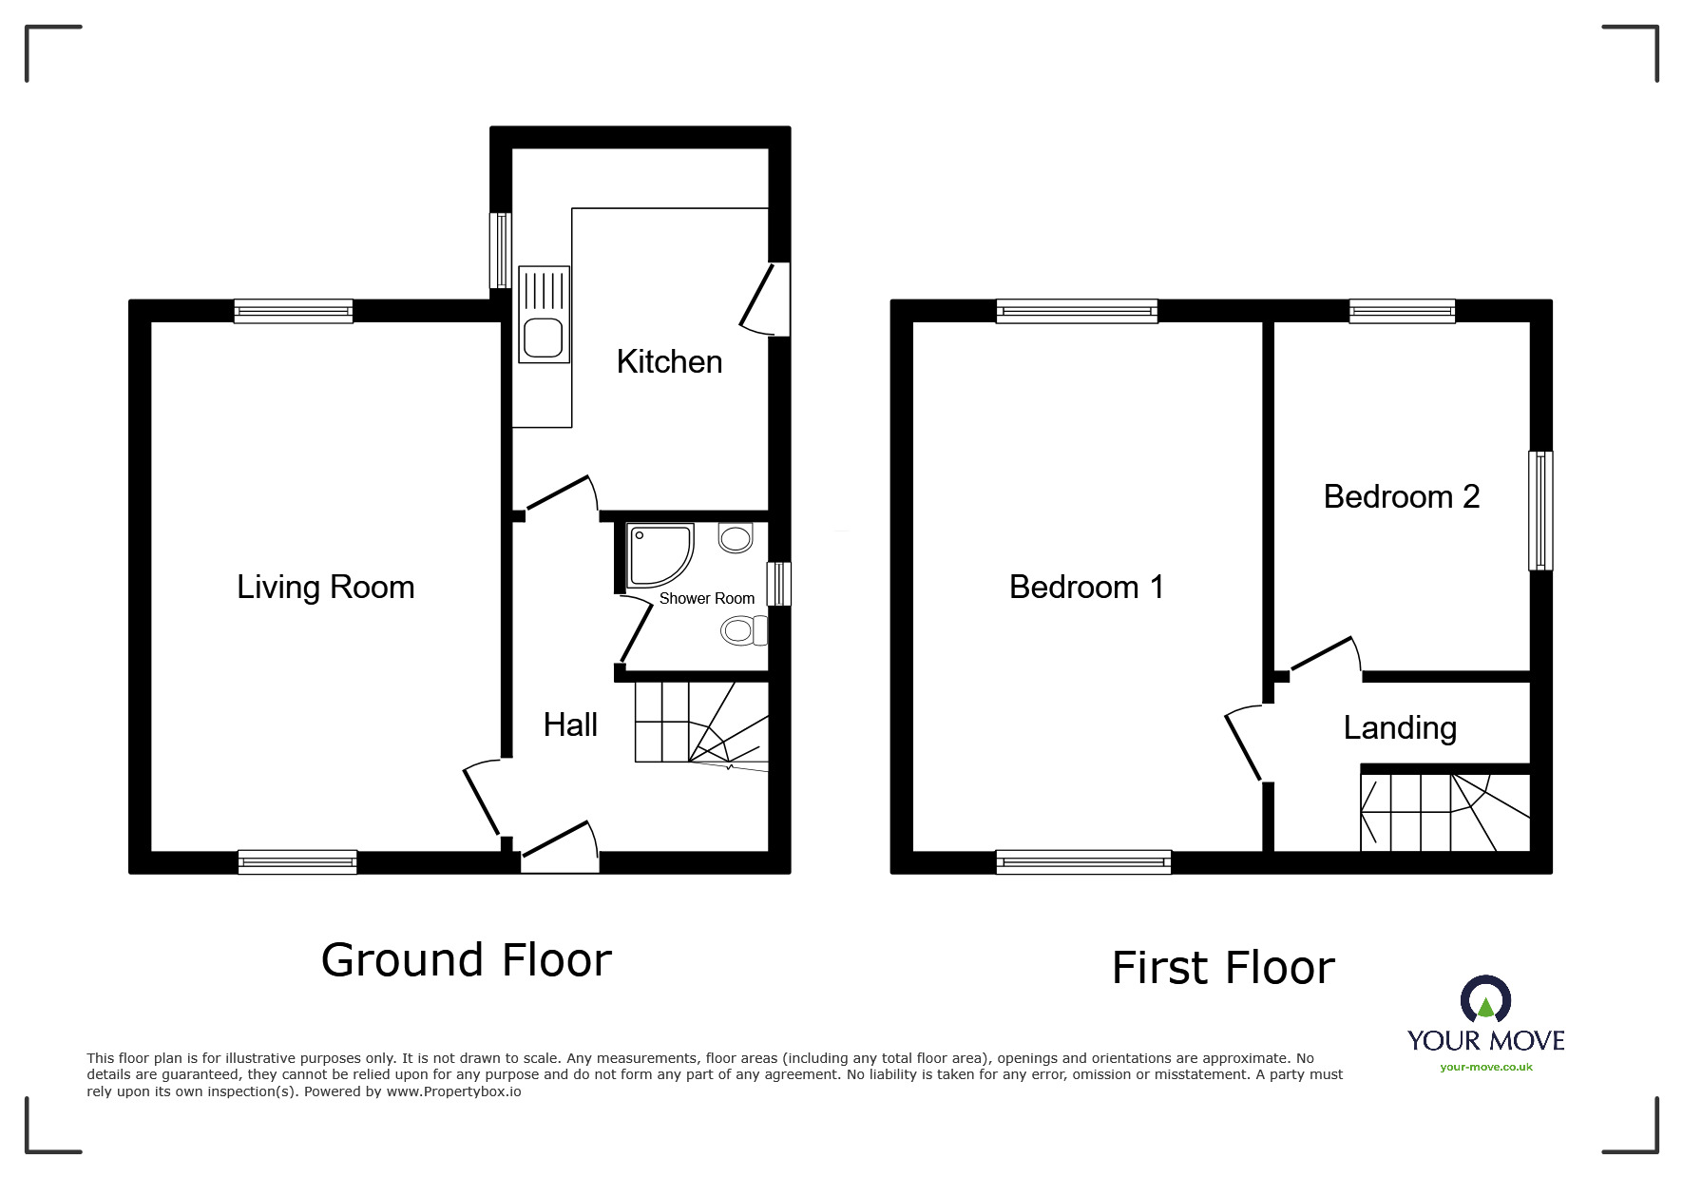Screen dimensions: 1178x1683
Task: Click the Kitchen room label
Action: pos(669,361)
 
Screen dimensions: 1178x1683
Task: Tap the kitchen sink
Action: pos(544,315)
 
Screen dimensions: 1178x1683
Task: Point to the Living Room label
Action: pos(325,587)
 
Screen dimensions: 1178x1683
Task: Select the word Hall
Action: pos(570,724)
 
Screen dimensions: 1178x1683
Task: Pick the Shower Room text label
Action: pos(707,598)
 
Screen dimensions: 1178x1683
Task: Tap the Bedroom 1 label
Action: pos(1086,587)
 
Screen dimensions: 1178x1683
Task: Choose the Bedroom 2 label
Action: pos(1401,496)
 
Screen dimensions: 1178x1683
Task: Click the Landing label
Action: pos(1400,727)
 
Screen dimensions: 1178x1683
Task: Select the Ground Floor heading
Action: pos(466,960)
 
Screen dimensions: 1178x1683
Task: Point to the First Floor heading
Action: pos(1223,968)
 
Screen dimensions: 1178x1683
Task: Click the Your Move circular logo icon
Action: pos(1485,1000)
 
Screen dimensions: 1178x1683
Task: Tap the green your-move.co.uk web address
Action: pos(1486,1067)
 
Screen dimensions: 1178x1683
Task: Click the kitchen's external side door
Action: pos(766,299)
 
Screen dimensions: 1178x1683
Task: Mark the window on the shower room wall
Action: pos(779,583)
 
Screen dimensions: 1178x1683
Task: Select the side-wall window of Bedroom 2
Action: pos(1540,511)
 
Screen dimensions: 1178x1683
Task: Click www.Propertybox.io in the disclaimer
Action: pos(453,1091)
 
